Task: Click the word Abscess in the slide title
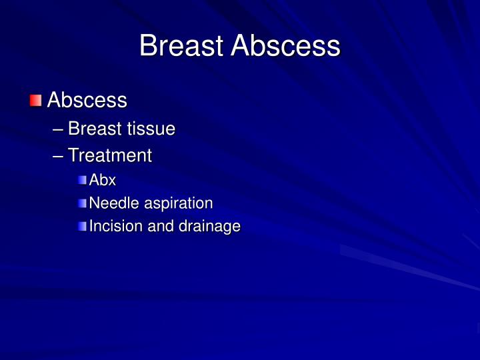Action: [x=285, y=46]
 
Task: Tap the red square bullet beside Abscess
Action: [x=35, y=101]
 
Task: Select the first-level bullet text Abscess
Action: [x=87, y=101]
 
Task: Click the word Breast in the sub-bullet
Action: [x=93, y=129]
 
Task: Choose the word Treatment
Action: [x=110, y=156]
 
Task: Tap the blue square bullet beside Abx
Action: [x=82, y=180]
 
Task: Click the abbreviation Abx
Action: [x=103, y=180]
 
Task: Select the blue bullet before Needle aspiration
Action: [x=82, y=203]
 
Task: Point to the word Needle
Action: [x=110, y=203]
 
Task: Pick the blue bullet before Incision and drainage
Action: [x=82, y=227]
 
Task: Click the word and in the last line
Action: [x=160, y=227]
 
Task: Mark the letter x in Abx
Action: [x=112, y=181]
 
